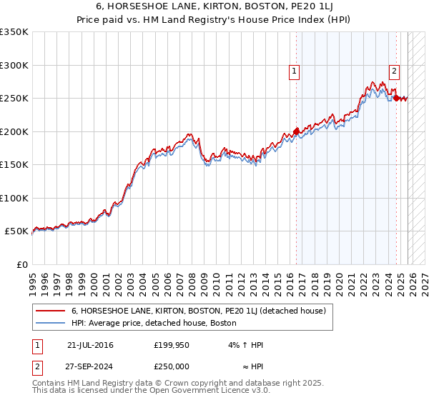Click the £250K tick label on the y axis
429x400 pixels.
pos(14,99)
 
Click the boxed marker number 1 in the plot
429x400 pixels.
pos(295,71)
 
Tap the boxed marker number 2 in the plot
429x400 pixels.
pos(394,71)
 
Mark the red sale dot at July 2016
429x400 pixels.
pos(295,132)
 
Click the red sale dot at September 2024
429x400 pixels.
pos(396,99)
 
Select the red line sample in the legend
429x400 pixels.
pos(51,311)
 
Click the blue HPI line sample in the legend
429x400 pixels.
pos(51,324)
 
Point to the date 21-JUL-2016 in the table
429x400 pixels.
pos(90,345)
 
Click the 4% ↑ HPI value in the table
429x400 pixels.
pos(245,345)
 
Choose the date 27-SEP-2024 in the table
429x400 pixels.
pos(90,365)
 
